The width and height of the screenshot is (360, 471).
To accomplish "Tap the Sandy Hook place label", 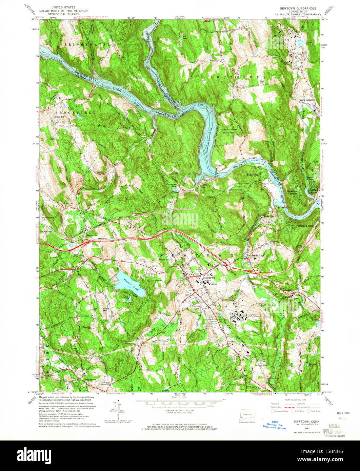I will tap(257, 255).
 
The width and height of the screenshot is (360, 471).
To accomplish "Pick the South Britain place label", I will tap(306, 100).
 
